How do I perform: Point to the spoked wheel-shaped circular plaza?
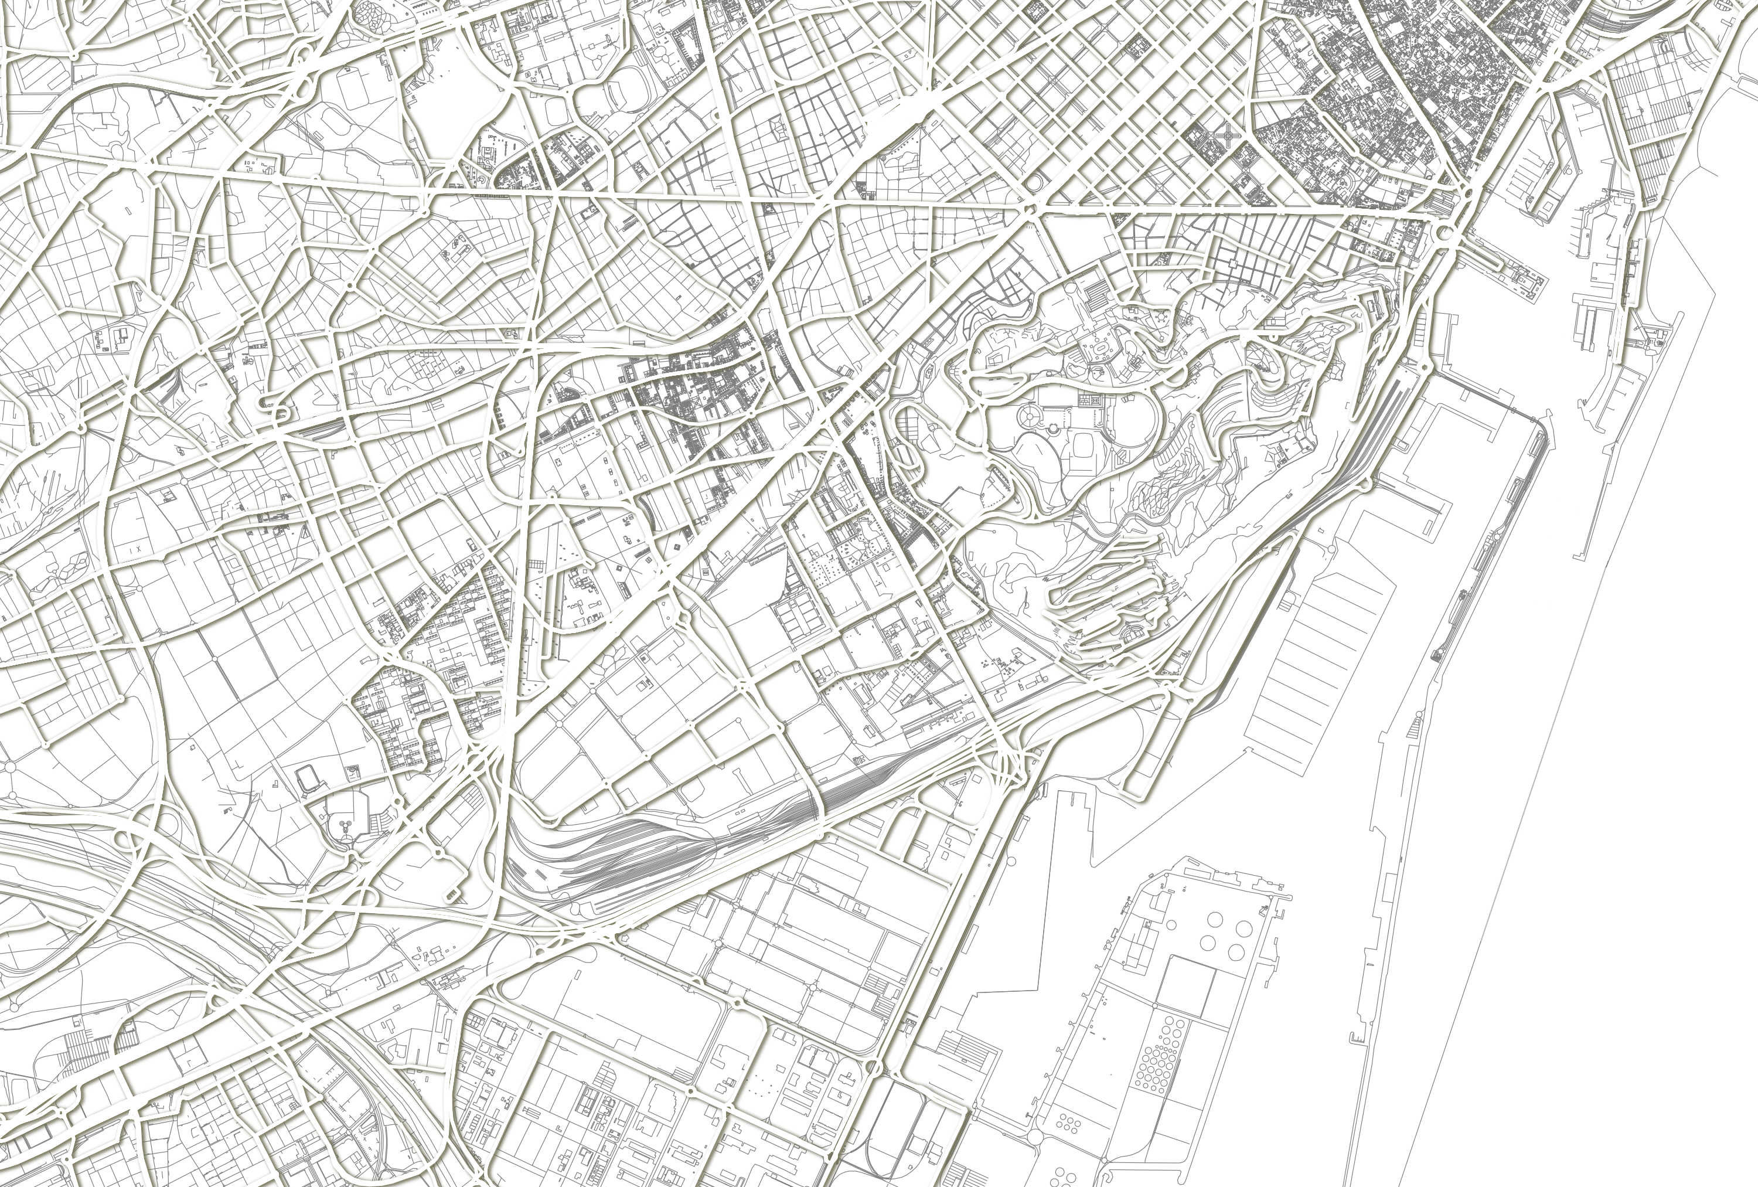click(1030, 414)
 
